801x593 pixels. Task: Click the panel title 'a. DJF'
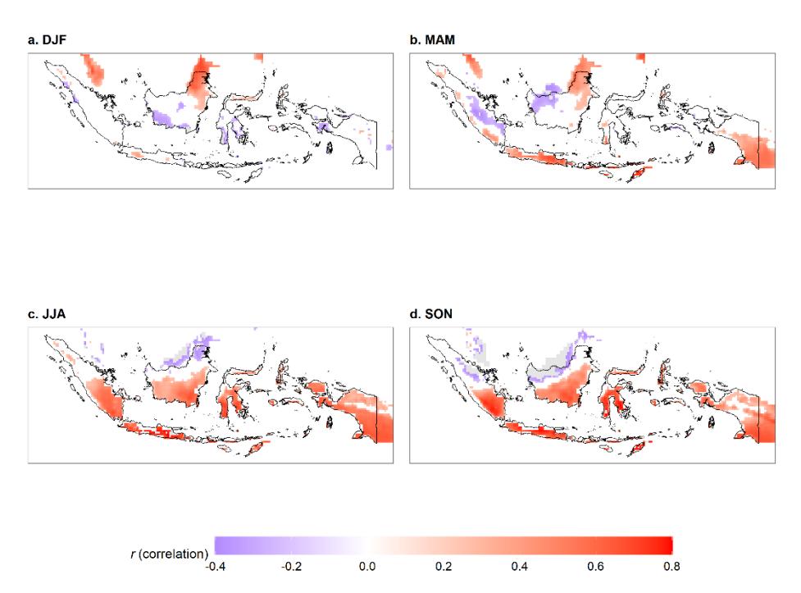tap(47, 40)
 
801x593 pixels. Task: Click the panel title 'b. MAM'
tap(432, 40)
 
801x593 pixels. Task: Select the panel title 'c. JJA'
tap(47, 314)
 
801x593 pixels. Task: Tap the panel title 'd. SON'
tap(431, 314)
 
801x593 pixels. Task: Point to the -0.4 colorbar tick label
tap(215, 567)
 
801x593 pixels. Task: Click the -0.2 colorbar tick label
tap(291, 567)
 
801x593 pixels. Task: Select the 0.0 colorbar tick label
tap(367, 567)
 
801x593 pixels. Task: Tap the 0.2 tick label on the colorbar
tap(444, 567)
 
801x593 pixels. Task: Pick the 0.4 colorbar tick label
tap(520, 567)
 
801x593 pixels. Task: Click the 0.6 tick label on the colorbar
tap(596, 567)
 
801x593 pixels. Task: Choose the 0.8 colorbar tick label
tap(671, 567)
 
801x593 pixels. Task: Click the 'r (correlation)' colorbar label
tap(170, 554)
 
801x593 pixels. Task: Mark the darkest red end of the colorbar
tap(670, 545)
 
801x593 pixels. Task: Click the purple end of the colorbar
tap(217, 545)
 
